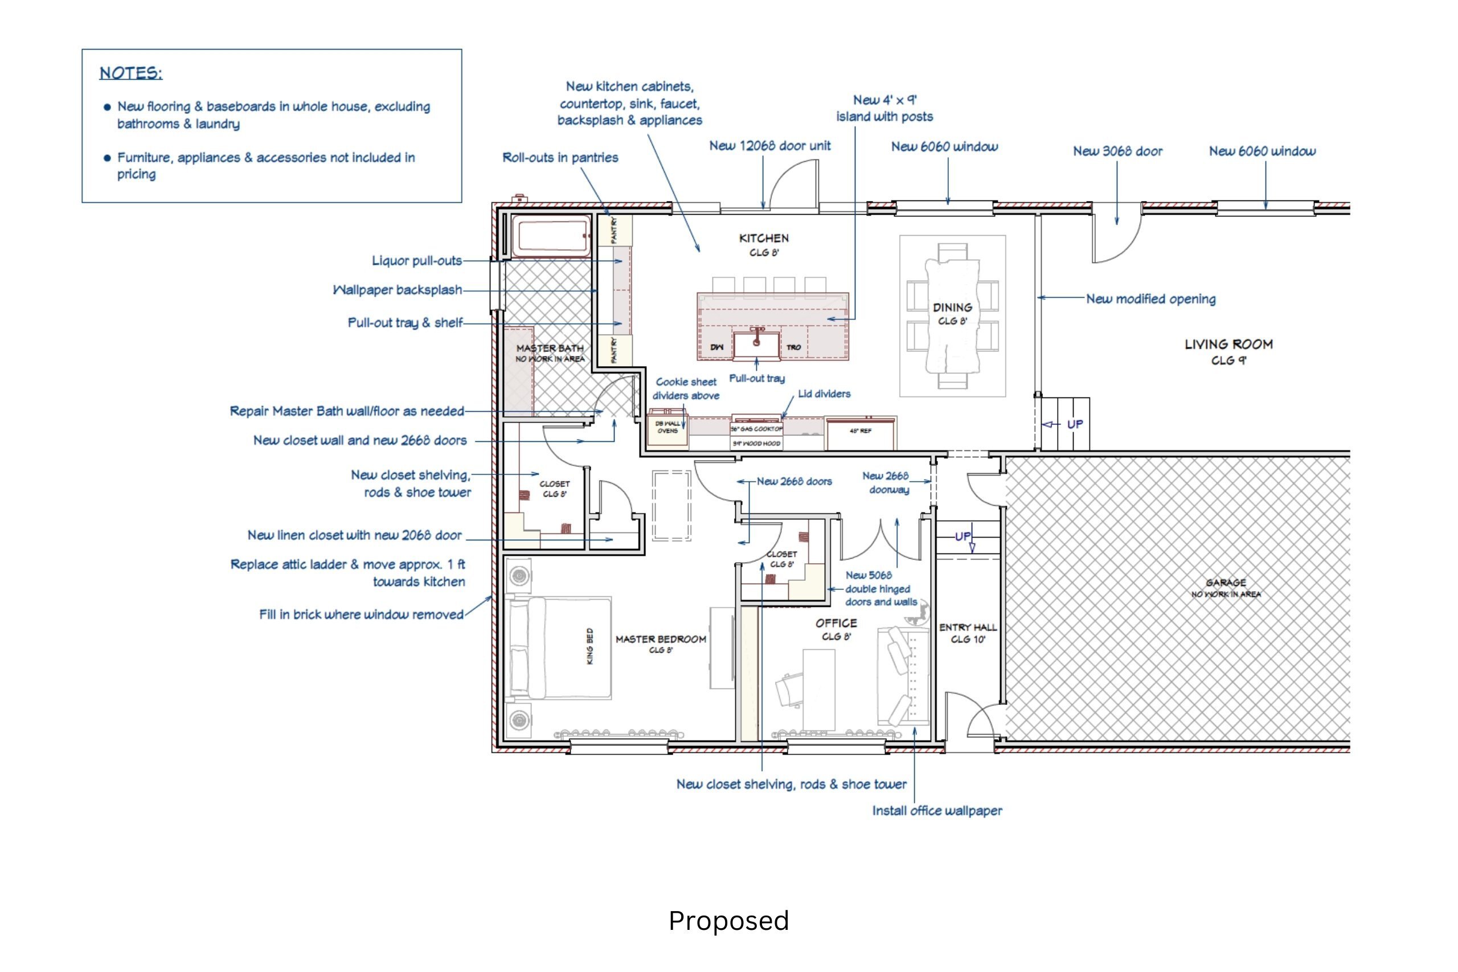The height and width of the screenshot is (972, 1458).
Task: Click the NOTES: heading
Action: click(x=131, y=73)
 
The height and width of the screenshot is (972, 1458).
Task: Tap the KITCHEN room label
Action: click(x=764, y=238)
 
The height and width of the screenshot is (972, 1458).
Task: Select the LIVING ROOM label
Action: click(x=1228, y=344)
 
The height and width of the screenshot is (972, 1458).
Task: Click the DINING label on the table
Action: click(x=952, y=307)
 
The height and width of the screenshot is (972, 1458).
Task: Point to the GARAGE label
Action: click(x=1226, y=583)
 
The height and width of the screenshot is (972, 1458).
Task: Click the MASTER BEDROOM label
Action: click(x=661, y=639)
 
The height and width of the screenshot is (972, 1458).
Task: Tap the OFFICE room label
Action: click(x=836, y=623)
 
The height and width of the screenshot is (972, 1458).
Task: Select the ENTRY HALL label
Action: click(x=968, y=628)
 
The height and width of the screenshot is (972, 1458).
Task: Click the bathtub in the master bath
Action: click(x=551, y=236)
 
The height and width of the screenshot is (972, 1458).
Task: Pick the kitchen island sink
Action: click(x=756, y=345)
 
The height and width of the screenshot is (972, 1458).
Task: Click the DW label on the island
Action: click(x=716, y=347)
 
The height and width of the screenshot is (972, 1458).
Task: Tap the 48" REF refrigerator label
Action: click(x=861, y=430)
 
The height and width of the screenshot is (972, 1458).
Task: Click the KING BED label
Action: click(x=589, y=646)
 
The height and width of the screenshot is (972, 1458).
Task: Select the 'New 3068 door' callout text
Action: click(x=1117, y=151)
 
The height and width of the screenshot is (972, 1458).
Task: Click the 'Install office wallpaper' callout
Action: click(x=937, y=811)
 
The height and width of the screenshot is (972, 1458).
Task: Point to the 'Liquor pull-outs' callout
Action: click(x=416, y=261)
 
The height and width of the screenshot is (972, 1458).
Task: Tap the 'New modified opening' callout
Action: click(x=1150, y=299)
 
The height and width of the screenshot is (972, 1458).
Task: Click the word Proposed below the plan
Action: click(x=728, y=921)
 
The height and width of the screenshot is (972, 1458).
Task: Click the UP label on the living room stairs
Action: click(x=1075, y=424)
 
